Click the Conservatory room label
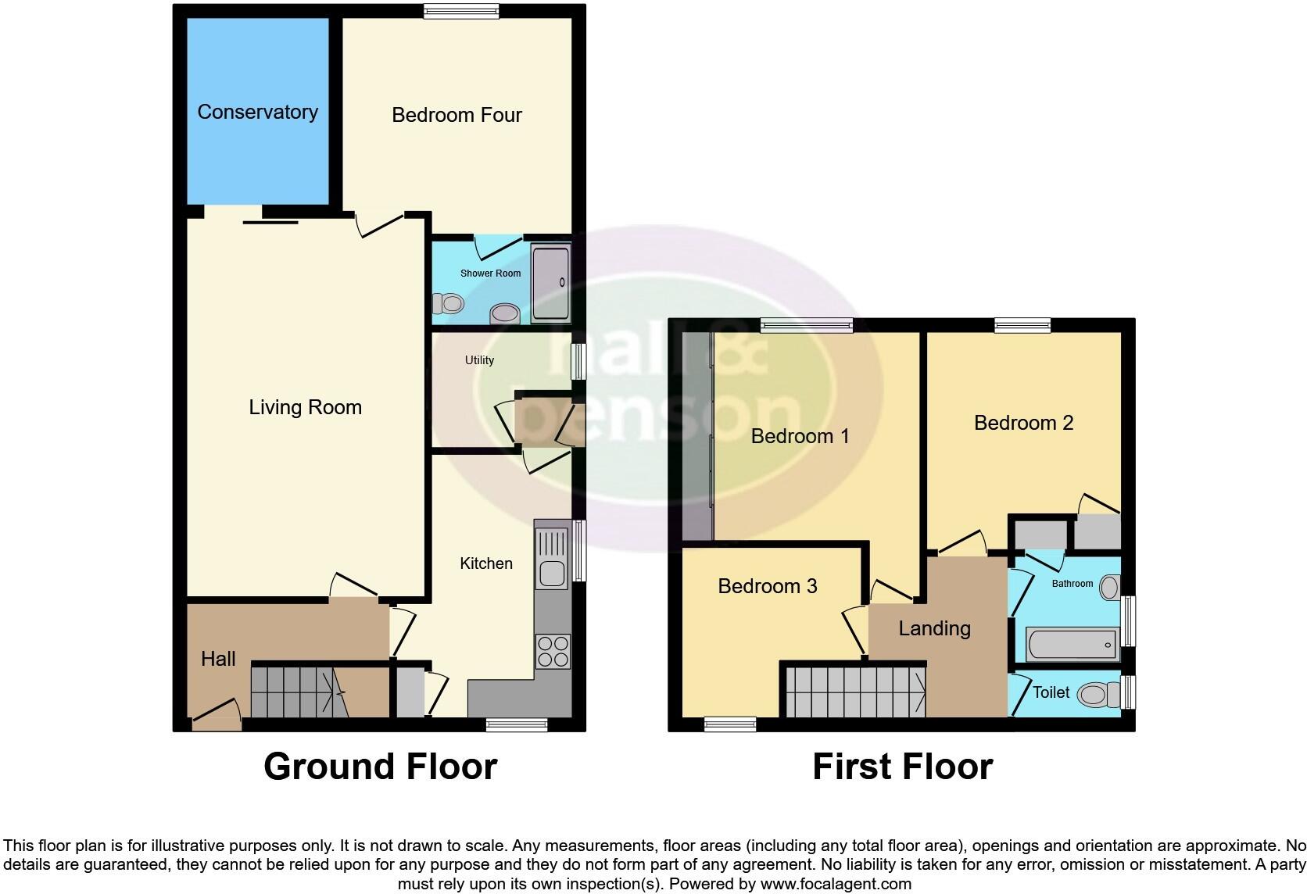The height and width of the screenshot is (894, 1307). coord(257,113)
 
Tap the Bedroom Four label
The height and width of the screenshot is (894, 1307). coord(457,116)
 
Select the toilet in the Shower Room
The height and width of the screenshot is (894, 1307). coord(449,302)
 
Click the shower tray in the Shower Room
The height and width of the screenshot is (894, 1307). coord(550,282)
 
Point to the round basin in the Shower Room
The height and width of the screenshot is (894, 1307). coord(504,314)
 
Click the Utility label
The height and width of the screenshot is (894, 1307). coord(479,360)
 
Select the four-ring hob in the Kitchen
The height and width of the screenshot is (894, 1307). coord(553,651)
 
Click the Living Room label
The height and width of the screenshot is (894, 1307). coord(305,407)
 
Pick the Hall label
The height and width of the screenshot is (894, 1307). coord(218,659)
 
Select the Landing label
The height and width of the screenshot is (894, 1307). coord(934,628)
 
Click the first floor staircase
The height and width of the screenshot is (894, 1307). coord(854,691)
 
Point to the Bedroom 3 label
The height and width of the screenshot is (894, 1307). coord(767,586)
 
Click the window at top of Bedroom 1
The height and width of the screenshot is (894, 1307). coord(806,327)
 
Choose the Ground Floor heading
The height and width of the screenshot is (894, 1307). coord(380,767)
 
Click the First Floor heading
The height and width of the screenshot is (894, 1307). coord(902,767)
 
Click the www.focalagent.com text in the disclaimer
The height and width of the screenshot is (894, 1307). coord(835,885)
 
